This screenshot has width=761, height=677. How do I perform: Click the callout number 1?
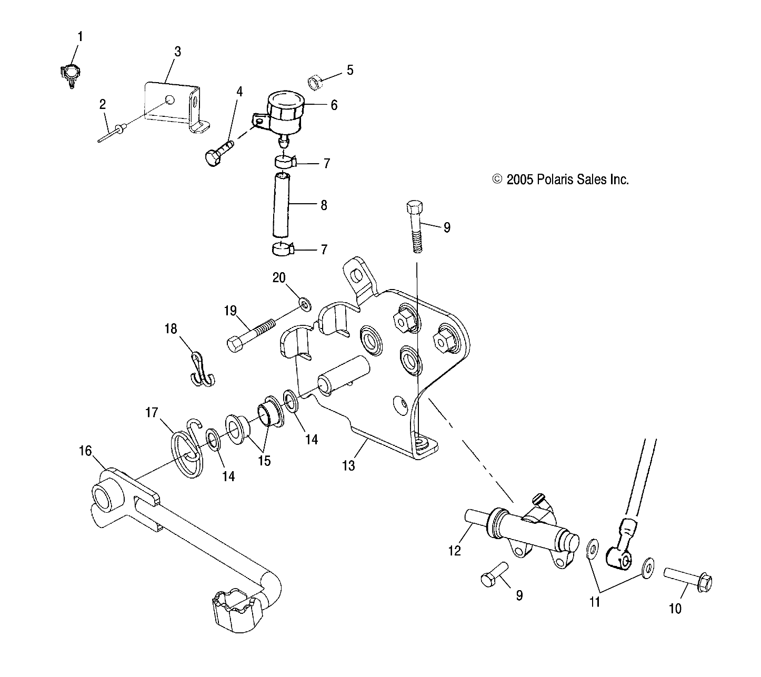click(80, 36)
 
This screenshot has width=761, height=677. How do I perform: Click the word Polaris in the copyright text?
click(554, 180)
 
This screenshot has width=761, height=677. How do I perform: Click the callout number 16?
click(85, 451)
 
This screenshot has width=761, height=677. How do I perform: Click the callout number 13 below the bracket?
click(348, 465)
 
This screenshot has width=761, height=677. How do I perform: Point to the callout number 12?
click(454, 551)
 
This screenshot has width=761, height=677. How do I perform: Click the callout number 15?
click(264, 461)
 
